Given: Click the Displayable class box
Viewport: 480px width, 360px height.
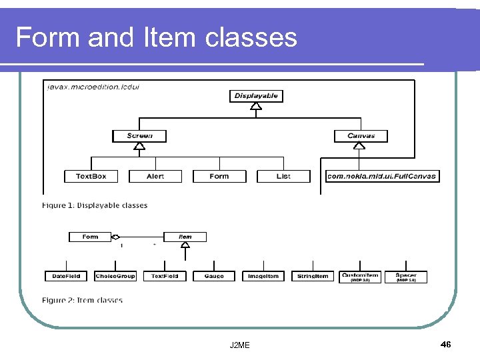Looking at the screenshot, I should point(256,96).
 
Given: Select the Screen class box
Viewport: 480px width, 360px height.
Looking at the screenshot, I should point(139,136).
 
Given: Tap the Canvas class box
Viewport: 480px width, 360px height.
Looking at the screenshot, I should point(361,136).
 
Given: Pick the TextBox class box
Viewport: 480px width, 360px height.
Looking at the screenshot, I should point(91,176).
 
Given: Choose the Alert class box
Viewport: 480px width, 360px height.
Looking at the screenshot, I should point(155,176).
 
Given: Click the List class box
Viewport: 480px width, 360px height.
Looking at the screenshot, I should point(283,176).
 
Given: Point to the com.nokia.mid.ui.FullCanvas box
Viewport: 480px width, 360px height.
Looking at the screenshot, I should point(382,176).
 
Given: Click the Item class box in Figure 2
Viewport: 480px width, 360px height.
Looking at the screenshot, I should point(185,237).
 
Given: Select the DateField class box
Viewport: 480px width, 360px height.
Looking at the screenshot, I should point(66,276).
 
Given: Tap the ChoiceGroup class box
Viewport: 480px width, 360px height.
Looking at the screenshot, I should point(115,276).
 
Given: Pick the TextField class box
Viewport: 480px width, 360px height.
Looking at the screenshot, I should point(165,276).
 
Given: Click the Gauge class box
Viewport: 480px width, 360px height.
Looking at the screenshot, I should point(214,276).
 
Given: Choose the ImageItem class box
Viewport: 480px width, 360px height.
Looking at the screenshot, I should point(263,276).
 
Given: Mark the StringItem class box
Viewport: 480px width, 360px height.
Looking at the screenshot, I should point(313,276).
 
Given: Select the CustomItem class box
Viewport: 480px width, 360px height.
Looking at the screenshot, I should point(360,277).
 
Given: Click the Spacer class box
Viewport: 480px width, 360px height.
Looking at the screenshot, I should point(406,277).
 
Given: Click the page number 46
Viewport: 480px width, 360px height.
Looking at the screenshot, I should point(446,344).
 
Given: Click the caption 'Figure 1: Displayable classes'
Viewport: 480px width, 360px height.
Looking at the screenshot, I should point(95,205).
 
